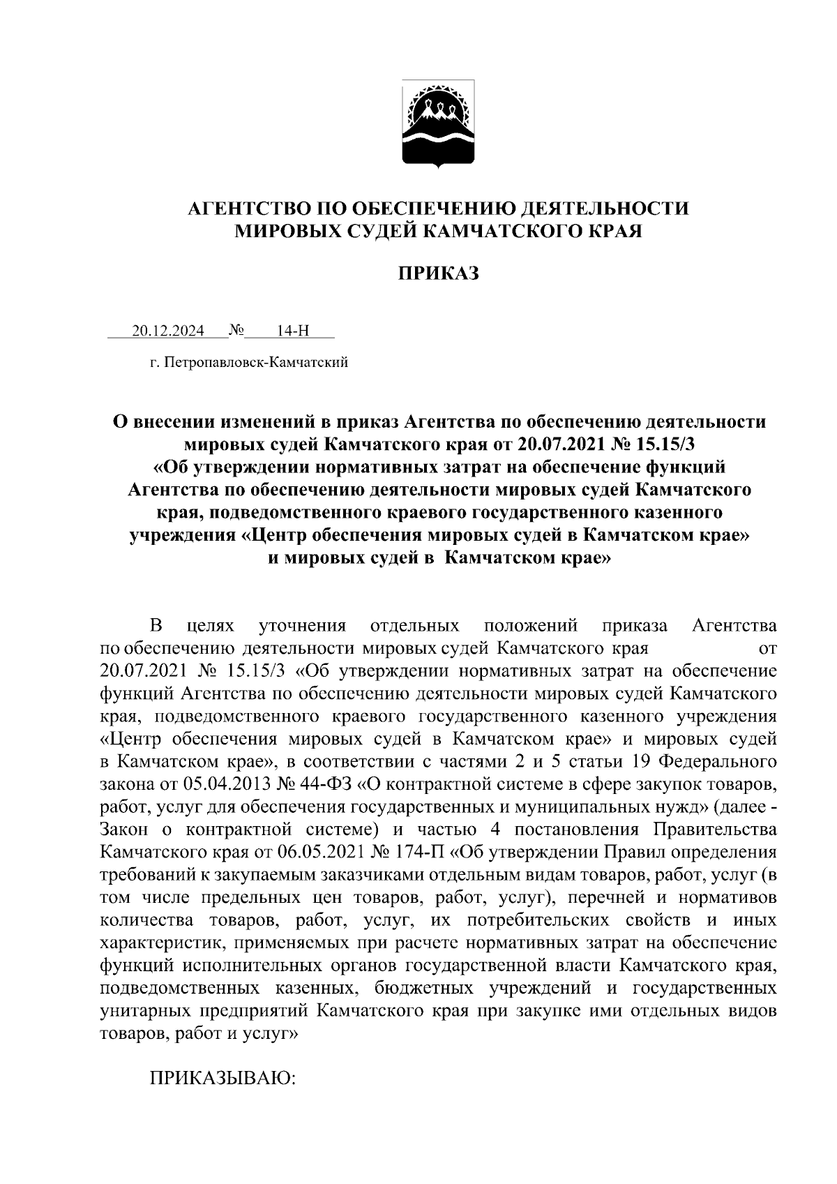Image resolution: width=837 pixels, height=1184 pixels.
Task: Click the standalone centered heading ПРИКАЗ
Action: coord(439,273)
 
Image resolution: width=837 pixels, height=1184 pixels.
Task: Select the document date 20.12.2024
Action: coord(168,331)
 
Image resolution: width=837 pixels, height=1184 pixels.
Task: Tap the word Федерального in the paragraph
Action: coord(718,761)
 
